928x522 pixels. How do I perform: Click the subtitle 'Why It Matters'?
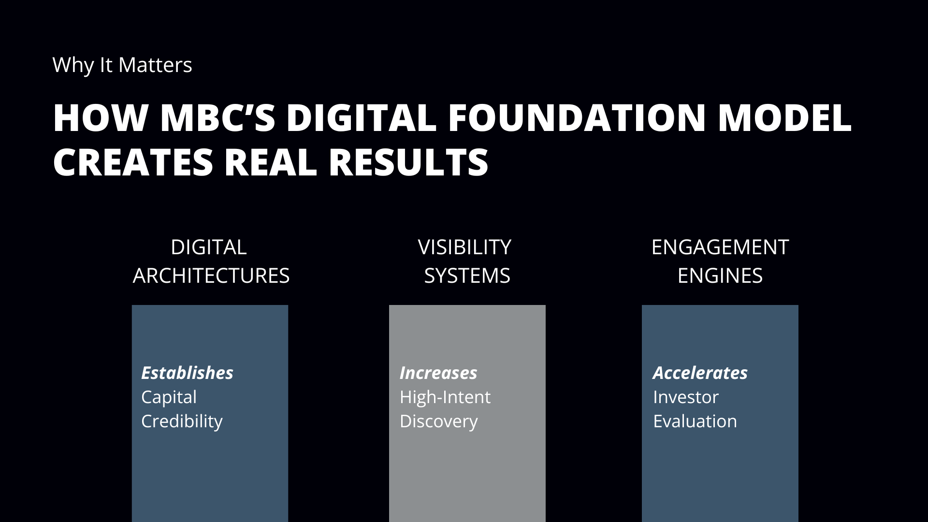click(122, 65)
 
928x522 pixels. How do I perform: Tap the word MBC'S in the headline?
click(217, 117)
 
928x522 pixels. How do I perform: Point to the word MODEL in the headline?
click(784, 117)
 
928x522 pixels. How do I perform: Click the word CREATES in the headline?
click(133, 161)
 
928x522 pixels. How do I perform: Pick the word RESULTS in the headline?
click(408, 161)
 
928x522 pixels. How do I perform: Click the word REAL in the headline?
click(271, 161)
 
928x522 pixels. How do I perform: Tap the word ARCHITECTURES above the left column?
click(211, 276)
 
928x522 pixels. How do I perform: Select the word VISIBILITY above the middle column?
click(464, 247)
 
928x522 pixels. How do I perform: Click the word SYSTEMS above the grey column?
click(467, 276)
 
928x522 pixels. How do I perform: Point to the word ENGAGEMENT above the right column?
click(720, 247)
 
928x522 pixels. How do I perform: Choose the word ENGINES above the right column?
click(720, 276)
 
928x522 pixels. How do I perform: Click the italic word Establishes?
click(188, 373)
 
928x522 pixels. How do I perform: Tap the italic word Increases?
click(438, 373)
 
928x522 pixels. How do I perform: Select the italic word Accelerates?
click(700, 373)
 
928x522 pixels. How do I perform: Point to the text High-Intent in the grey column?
click(445, 397)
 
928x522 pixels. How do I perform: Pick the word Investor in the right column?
click(686, 397)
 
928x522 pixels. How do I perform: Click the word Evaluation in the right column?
click(695, 421)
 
